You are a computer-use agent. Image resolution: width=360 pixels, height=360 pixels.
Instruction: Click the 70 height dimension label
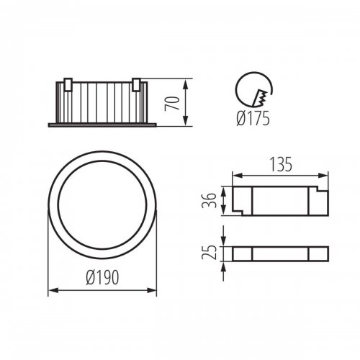(x=172, y=103)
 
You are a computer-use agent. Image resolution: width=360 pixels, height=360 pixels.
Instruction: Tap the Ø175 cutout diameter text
(x=253, y=119)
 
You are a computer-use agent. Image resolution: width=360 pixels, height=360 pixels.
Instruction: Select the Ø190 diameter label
(x=102, y=277)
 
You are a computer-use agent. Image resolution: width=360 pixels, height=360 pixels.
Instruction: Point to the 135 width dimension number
(x=281, y=164)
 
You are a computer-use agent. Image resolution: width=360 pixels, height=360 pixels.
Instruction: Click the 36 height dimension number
(x=209, y=200)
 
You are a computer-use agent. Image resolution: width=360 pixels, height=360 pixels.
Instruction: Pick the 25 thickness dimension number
(x=209, y=253)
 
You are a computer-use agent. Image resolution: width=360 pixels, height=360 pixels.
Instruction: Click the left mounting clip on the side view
(x=68, y=84)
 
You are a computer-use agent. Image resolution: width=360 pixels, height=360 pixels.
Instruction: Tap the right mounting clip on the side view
(x=136, y=84)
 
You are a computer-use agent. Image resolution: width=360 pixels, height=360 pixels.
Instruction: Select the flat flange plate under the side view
(x=102, y=125)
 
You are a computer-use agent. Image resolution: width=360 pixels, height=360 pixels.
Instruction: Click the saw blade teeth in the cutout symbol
(x=261, y=98)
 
